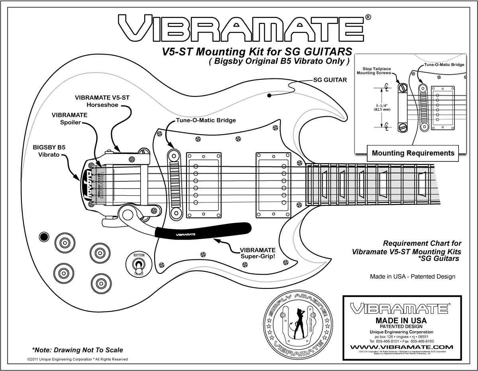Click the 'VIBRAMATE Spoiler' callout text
69,119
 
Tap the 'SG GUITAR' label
330,80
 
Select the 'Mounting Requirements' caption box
413,153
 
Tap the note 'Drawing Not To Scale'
77,350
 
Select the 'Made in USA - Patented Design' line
412,277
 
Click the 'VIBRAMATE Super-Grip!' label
257,253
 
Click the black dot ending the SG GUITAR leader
270,96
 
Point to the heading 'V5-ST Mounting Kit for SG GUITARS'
250,52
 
